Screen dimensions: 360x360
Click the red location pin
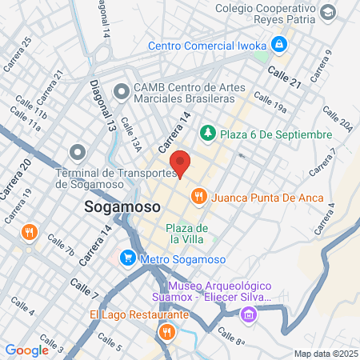[182, 163]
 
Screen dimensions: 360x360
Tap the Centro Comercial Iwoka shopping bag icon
[279, 44]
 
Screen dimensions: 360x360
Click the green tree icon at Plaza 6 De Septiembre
[207, 132]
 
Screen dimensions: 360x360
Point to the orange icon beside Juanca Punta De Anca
[198, 195]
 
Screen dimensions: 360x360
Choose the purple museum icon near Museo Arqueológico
[249, 314]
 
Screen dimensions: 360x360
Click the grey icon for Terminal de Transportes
[77, 151]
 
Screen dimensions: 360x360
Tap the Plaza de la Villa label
[187, 234]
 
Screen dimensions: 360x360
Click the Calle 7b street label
[61, 246]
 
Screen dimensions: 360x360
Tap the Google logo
[27, 350]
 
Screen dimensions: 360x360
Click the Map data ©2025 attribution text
[324, 354]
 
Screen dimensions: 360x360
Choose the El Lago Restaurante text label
[138, 314]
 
